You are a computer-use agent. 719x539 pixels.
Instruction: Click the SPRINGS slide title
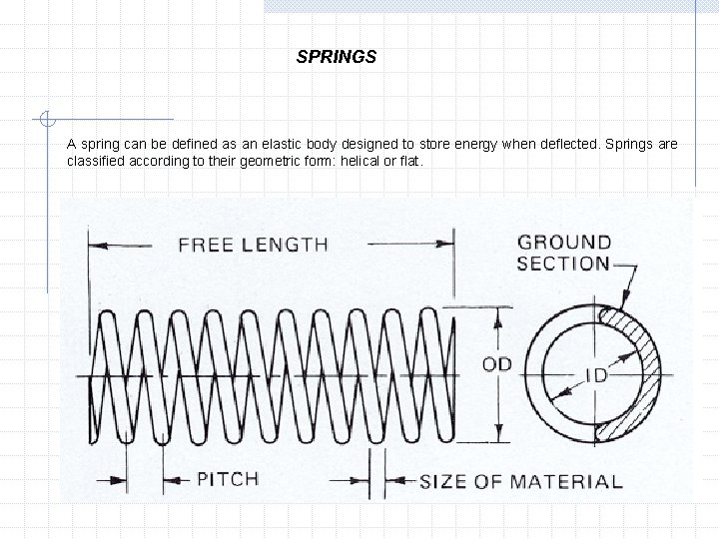(337, 57)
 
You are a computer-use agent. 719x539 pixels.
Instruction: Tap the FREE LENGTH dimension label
(253, 244)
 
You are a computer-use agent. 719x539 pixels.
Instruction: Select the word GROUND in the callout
(564, 242)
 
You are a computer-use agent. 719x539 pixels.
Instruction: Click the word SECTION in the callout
(563, 264)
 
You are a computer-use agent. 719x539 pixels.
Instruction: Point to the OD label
(496, 364)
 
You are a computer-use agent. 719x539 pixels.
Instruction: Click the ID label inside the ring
(596, 377)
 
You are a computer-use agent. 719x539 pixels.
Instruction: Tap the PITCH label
(227, 478)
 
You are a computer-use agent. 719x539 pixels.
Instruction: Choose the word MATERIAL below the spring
(566, 481)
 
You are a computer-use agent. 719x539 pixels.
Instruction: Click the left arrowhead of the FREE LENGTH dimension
(96, 242)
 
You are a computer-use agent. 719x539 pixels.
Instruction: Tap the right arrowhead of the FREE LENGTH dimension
(448, 242)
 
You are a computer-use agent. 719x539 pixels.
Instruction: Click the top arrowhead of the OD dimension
(495, 313)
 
